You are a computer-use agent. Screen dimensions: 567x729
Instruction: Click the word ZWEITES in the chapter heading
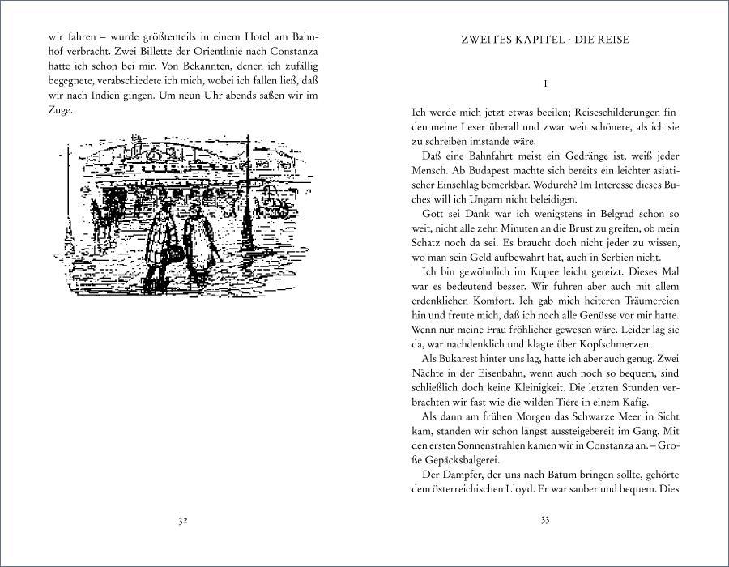488,39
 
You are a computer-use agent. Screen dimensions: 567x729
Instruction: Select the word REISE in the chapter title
609,39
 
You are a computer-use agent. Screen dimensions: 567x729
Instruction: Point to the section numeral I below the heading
546,83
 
